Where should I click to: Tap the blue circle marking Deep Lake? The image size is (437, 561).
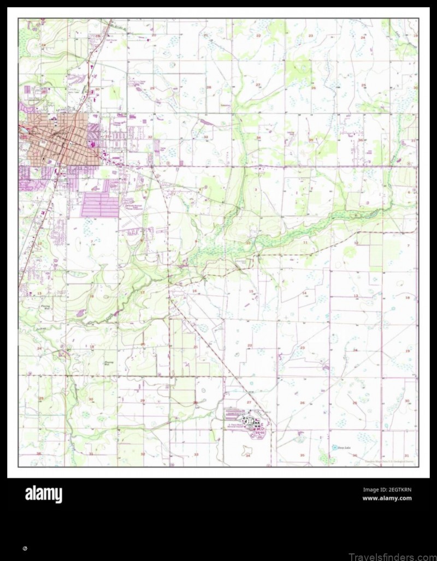click(x=334, y=447)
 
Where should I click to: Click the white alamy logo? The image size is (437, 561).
click(x=44, y=494)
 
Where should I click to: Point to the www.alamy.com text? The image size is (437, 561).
click(x=387, y=498)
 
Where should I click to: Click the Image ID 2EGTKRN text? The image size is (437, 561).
click(x=387, y=490)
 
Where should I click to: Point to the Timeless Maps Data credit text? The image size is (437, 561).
click(x=389, y=462)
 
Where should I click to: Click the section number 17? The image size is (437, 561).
click(x=143, y=293)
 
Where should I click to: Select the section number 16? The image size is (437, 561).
click(x=194, y=291)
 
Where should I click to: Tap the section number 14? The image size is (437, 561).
click(x=304, y=293)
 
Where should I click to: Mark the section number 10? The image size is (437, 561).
click(x=249, y=243)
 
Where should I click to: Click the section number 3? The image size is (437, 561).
click(x=256, y=189)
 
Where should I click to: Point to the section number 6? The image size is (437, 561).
click(x=409, y=192)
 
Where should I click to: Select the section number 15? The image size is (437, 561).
click(x=251, y=291)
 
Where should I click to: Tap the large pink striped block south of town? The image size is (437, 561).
click(x=100, y=206)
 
